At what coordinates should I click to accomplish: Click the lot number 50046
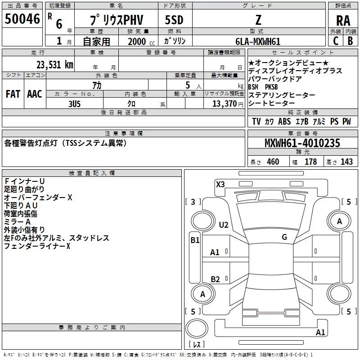[22, 19]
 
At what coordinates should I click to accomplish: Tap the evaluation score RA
[343, 20]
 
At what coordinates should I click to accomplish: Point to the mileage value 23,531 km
[54, 64]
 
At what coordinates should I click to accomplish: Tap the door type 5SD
[174, 19]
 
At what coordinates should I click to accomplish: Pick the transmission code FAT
[13, 94]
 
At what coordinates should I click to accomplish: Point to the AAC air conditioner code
[34, 94]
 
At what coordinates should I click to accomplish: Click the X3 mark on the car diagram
[220, 184]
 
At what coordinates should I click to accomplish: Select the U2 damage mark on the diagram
[224, 225]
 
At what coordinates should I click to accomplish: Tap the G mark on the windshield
[284, 237]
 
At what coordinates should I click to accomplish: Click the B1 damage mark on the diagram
[195, 240]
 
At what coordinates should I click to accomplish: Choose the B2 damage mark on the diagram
[216, 279]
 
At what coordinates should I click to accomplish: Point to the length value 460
[273, 162]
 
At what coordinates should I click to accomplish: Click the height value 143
[347, 162]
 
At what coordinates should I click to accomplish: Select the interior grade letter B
[350, 41]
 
